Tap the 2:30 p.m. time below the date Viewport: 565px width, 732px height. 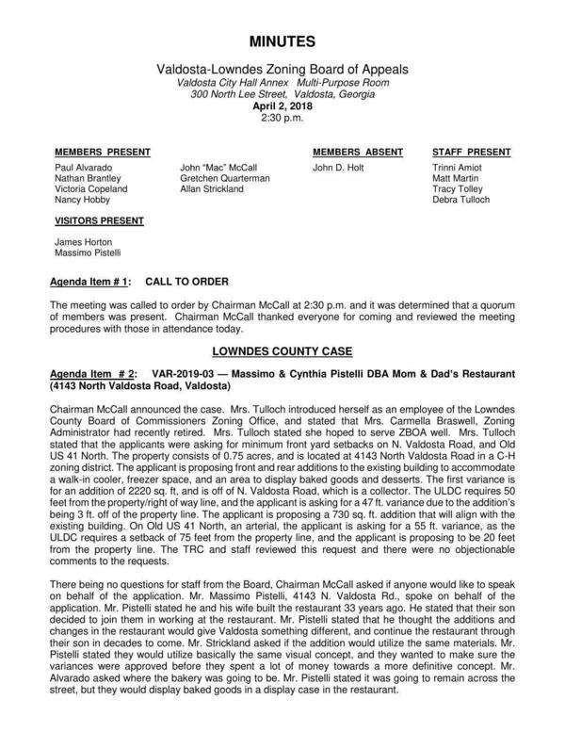pyautogui.click(x=283, y=121)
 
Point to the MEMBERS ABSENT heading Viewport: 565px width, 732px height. pyautogui.click(x=358, y=152)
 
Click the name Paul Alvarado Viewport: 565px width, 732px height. pyautogui.click(x=84, y=167)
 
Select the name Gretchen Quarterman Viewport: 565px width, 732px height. pyautogui.click(x=225, y=178)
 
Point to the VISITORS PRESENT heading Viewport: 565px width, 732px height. pyautogui.click(x=99, y=221)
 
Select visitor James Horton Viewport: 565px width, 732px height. pyautogui.click(x=82, y=243)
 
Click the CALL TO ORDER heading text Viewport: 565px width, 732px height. pyautogui.click(x=186, y=283)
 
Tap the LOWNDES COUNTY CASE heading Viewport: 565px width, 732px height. pyautogui.click(x=283, y=350)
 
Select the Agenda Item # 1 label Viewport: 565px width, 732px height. pyautogui.click(x=90, y=283)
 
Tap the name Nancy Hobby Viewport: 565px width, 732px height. pyautogui.click(x=81, y=200)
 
